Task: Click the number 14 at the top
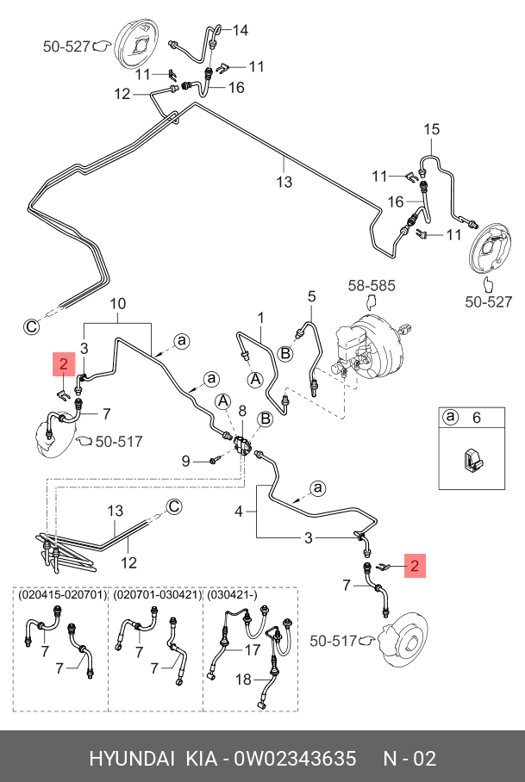point(240,30)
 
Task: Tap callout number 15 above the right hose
point(431,129)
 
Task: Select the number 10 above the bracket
point(118,303)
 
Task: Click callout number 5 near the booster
point(312,297)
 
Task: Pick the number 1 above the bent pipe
point(260,317)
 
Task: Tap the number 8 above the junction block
point(242,410)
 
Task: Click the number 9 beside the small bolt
point(184,461)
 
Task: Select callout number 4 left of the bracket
point(240,511)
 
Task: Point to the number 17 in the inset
point(253,649)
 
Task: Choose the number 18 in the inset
point(244,680)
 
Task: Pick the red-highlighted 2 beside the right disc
point(415,566)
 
